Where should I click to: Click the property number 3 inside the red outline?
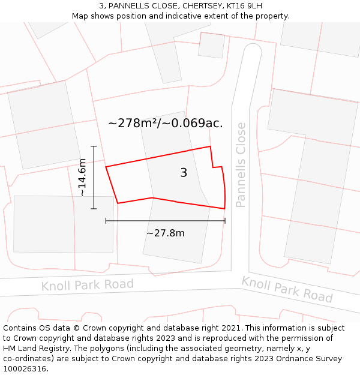coord(184,173)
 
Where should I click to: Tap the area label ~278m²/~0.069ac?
coord(165,124)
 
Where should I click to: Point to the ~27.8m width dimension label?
coord(165,233)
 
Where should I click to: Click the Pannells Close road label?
coord(241,165)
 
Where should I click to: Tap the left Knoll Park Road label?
coord(88,285)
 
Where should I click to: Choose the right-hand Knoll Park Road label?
coord(287,289)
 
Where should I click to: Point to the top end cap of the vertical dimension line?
coord(94,146)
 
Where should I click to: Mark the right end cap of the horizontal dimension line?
coord(225,221)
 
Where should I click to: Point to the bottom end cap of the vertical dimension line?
coord(94,209)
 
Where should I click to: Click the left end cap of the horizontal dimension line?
coord(106,221)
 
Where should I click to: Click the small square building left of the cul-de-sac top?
coord(211,45)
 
